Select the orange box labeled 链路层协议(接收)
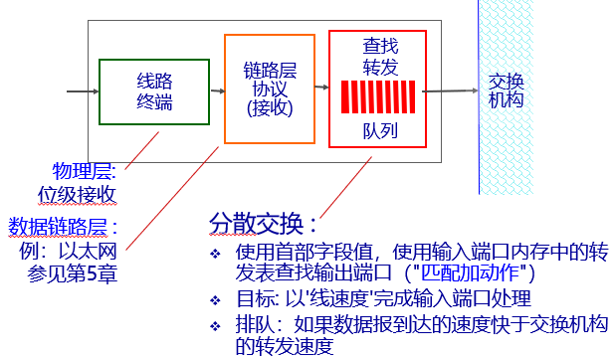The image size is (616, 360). pyautogui.click(x=270, y=90)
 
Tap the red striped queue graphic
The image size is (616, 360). pyautogui.click(x=377, y=97)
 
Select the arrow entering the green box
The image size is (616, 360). pyautogui.click(x=82, y=91)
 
